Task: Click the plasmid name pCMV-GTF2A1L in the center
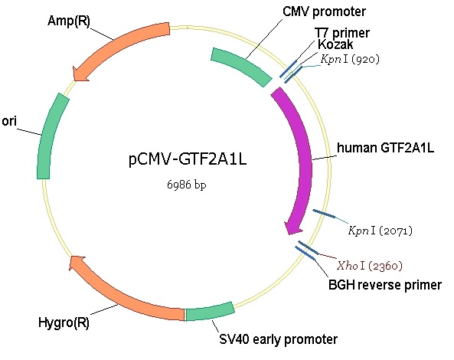[188, 159]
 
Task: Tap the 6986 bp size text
[187, 184]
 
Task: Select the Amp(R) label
[69, 21]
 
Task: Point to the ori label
[9, 121]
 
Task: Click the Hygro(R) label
[64, 322]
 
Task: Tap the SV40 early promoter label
[278, 339]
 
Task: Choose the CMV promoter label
[324, 11]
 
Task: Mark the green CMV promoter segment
[242, 65]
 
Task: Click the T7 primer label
[342, 33]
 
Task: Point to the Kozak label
[335, 44]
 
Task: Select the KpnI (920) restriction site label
[350, 59]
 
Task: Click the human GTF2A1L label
[385, 148]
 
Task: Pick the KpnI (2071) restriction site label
[381, 231]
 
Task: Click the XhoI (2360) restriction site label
[370, 266]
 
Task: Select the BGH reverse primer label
[385, 285]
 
